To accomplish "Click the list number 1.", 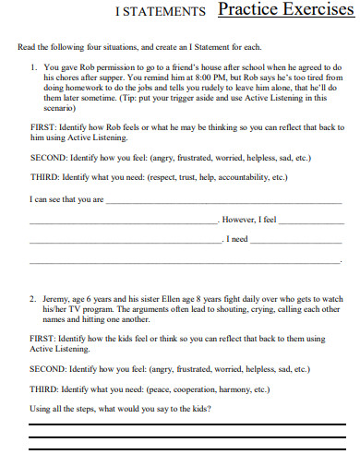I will coord(33,67).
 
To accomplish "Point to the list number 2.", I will coord(33,299).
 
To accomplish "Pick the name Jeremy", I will coord(56,299).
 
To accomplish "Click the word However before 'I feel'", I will coord(238,221).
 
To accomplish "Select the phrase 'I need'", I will coord(238,239).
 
